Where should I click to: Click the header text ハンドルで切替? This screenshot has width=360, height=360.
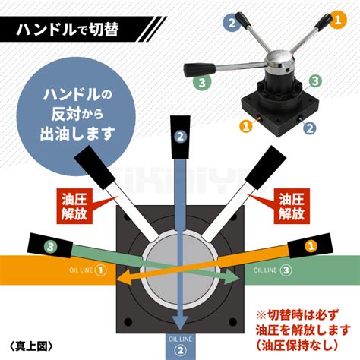68,30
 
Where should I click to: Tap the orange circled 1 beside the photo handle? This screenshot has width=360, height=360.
338,21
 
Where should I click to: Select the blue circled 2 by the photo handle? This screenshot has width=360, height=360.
232,23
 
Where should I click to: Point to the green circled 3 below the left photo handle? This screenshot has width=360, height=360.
202,83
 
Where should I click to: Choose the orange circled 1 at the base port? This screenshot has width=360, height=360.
245,125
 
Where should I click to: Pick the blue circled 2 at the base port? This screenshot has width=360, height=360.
310,128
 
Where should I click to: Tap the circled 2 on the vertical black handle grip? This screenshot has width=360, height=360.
180,137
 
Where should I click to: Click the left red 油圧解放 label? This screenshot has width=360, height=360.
74,207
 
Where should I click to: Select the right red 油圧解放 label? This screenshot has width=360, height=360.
292,207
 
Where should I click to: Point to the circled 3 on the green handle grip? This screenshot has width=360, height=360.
50,247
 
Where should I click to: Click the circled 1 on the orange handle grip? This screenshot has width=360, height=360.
311,246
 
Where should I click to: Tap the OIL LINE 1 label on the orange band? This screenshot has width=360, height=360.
87,270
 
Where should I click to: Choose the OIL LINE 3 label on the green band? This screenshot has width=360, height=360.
273,270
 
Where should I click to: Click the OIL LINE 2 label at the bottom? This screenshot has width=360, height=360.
180,346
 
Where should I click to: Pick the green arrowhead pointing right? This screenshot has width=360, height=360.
232,277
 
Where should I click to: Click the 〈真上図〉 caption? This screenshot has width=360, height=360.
31,346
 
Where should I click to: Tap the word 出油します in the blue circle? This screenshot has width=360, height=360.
77,134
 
